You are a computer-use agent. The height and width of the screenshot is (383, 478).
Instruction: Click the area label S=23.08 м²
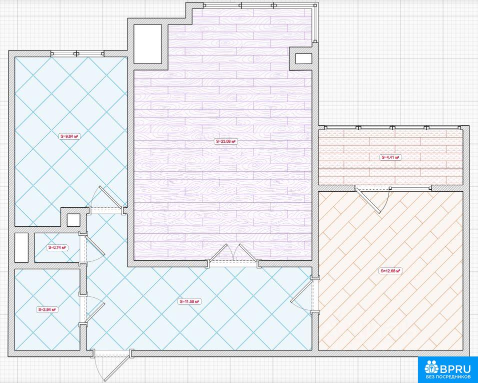pyautogui.click(x=225, y=141)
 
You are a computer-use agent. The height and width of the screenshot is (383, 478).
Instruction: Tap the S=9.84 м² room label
pyautogui.click(x=70, y=136)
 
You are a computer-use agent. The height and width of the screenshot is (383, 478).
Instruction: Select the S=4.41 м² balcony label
pyautogui.click(x=390, y=158)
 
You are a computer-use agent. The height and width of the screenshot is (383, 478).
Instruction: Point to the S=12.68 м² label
pyautogui.click(x=390, y=271)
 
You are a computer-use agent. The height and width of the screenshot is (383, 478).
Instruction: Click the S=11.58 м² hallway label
pyautogui.click(x=189, y=302)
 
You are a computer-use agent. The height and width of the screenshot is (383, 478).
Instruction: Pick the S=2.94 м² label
pyautogui.click(x=47, y=309)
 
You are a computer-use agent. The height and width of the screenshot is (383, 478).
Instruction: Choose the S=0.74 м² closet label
pyautogui.click(x=57, y=247)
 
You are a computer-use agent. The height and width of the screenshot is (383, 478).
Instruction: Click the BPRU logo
pyautogui.click(x=448, y=369)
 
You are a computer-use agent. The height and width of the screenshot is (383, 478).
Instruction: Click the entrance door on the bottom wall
pyautogui.click(x=112, y=364)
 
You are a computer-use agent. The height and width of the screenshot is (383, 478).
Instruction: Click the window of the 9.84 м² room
pyautogui.click(x=77, y=54)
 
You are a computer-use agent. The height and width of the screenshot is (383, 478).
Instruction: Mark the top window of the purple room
pyautogui.click(x=259, y=5)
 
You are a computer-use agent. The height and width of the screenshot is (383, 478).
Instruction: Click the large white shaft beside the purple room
pyautogui.click(x=147, y=44)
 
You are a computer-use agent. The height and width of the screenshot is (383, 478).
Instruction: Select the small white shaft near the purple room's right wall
pyautogui.click(x=303, y=59)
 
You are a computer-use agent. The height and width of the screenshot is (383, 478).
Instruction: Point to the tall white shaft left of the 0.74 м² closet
pyautogui.click(x=21, y=247)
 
